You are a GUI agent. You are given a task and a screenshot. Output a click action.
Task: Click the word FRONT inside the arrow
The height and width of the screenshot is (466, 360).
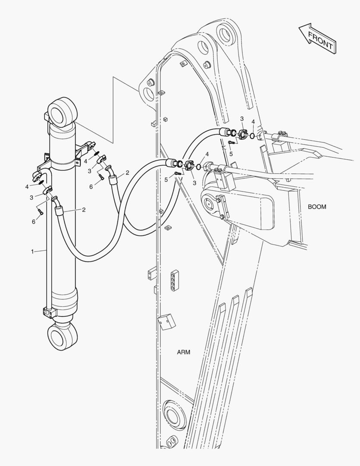tap(320, 40)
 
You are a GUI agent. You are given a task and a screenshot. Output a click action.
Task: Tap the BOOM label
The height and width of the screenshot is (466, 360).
tap(316, 207)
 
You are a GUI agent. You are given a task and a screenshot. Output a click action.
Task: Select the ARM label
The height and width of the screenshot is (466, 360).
tap(184, 352)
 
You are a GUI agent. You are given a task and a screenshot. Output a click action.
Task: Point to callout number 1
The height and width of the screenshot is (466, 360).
tap(33, 252)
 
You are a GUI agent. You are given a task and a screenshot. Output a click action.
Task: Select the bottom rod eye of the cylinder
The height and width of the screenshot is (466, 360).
tap(63, 336)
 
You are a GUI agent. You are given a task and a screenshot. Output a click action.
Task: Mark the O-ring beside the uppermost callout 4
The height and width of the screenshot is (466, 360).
tap(252, 136)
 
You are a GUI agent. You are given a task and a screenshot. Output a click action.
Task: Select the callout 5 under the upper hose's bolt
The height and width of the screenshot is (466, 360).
tap(231, 154)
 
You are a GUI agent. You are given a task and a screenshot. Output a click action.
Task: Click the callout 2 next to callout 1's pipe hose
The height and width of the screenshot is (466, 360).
tap(84, 210)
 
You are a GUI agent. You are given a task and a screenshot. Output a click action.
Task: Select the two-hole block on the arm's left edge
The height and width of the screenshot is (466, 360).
tap(151, 274)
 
